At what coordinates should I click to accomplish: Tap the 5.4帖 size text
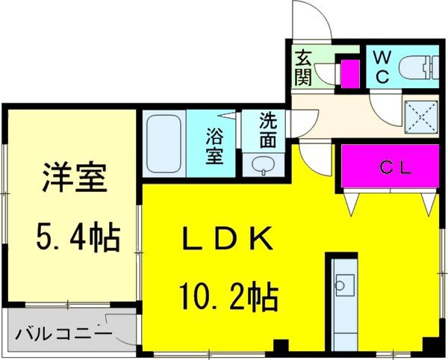click(77, 238)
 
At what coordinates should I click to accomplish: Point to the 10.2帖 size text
click(227, 297)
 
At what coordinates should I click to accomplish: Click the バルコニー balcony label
click(63, 333)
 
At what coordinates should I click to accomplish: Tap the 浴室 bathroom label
click(214, 145)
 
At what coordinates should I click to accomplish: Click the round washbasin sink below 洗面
click(263, 164)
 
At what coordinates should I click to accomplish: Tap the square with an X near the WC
click(419, 114)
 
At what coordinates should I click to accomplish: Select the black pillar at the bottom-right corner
click(430, 347)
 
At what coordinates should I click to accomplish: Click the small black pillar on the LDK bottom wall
click(281, 347)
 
